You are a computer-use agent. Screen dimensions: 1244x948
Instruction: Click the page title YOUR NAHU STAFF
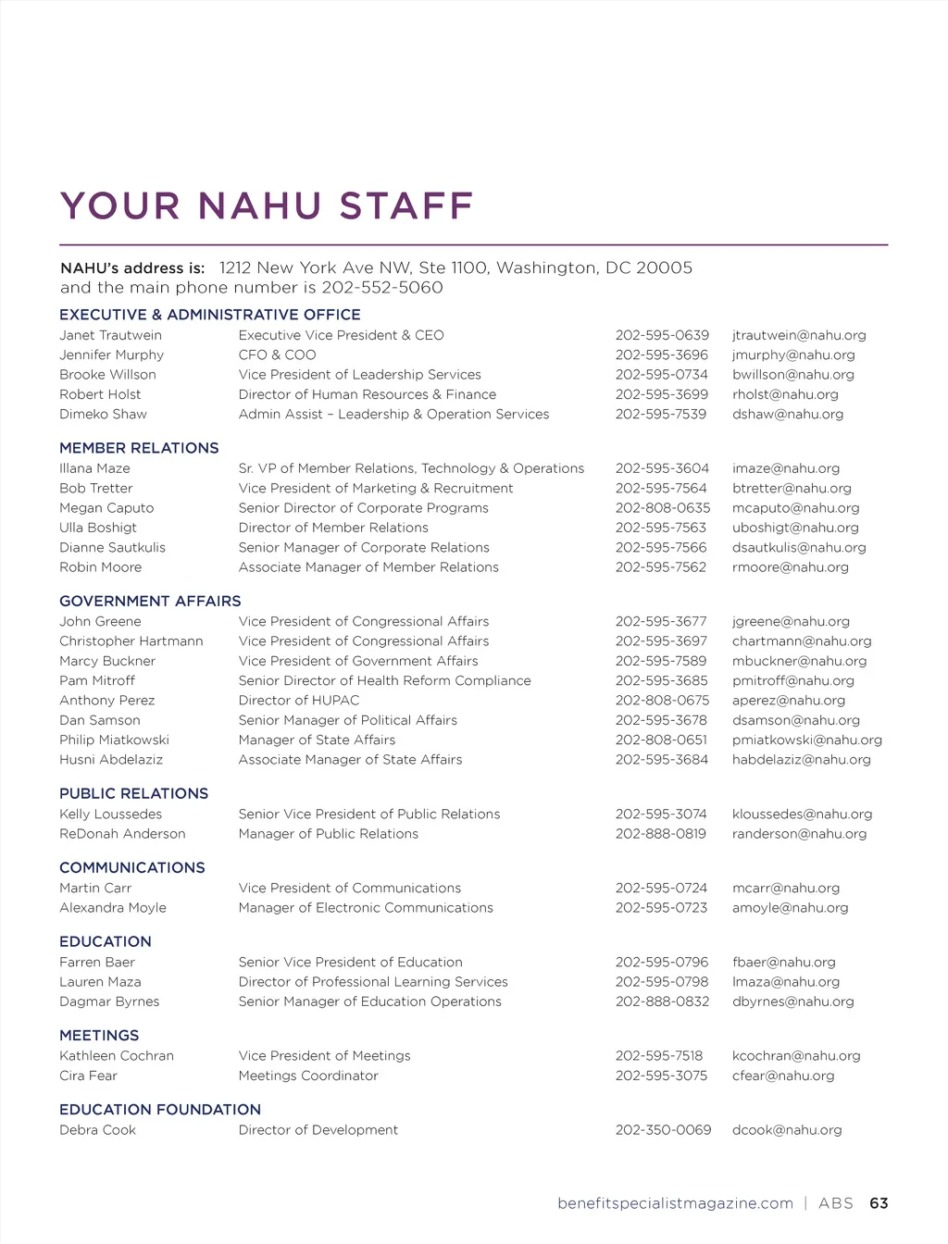pyautogui.click(x=267, y=205)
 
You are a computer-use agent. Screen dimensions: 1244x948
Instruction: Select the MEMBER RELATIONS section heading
pyautogui.click(x=139, y=448)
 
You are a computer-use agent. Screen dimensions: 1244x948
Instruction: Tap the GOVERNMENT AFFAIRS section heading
pyautogui.click(x=150, y=601)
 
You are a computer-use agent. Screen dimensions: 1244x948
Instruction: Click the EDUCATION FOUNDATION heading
pyautogui.click(x=160, y=1109)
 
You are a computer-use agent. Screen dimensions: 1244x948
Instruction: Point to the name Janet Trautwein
pyautogui.click(x=110, y=335)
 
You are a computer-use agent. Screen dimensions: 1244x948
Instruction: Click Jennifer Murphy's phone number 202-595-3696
pyautogui.click(x=661, y=355)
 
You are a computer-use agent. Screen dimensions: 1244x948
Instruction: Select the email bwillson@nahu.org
pyautogui.click(x=792, y=375)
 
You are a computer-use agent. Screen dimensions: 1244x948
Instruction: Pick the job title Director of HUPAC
pyautogui.click(x=298, y=701)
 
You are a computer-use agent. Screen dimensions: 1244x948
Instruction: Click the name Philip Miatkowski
pyautogui.click(x=114, y=740)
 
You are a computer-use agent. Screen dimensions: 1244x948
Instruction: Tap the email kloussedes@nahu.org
pyautogui.click(x=802, y=815)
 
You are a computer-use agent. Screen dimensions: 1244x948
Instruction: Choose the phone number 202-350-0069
pyautogui.click(x=663, y=1130)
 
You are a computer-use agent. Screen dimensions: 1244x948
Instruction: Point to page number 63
pyautogui.click(x=879, y=1203)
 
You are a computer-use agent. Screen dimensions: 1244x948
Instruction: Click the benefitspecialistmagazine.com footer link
pyautogui.click(x=675, y=1203)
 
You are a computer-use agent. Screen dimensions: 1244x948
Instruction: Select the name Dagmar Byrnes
pyautogui.click(x=109, y=1001)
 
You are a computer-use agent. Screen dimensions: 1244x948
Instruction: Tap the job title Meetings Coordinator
pyautogui.click(x=308, y=1076)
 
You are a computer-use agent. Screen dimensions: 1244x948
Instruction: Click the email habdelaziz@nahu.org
pyautogui.click(x=801, y=760)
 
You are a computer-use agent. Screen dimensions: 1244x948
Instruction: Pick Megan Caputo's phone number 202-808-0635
pyautogui.click(x=662, y=508)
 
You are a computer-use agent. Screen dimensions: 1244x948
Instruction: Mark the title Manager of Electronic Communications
pyautogui.click(x=366, y=908)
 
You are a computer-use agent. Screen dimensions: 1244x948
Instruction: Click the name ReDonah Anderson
pyautogui.click(x=122, y=834)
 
